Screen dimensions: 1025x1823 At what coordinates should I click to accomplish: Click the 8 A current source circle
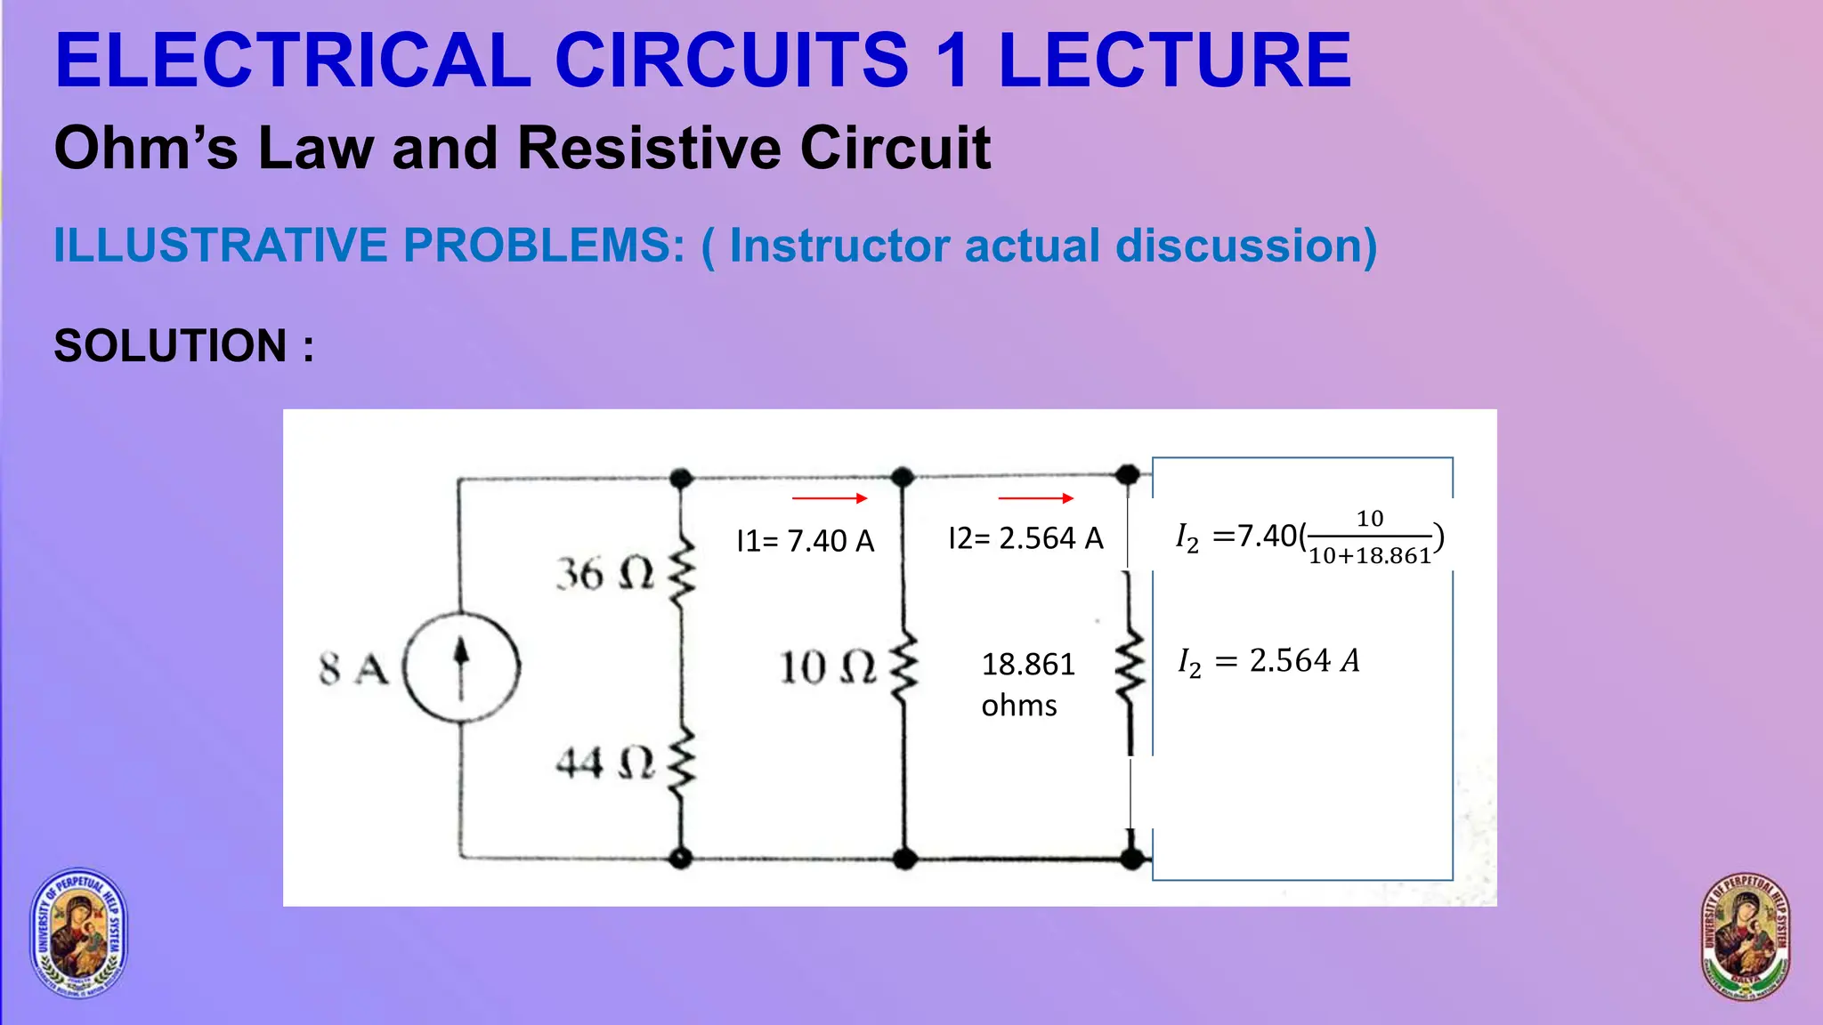(461, 666)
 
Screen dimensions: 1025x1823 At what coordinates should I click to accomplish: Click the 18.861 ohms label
(1027, 683)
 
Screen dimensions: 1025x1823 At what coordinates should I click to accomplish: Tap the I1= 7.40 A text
(806, 541)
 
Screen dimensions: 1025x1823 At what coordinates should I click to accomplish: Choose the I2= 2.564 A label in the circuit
(1025, 538)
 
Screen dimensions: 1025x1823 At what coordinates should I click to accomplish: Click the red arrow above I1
(830, 498)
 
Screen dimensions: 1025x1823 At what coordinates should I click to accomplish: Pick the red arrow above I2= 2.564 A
(1036, 498)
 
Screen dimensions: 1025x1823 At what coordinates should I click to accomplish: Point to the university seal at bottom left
(80, 932)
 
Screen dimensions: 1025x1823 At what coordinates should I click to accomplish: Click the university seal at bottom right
(1746, 936)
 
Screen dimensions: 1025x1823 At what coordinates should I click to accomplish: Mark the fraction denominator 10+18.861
(1370, 556)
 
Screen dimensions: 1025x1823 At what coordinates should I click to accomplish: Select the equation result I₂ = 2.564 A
(1268, 661)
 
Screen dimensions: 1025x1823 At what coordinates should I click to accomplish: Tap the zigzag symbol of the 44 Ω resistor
(682, 763)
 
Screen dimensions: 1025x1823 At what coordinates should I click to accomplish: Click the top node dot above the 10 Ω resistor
(903, 476)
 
